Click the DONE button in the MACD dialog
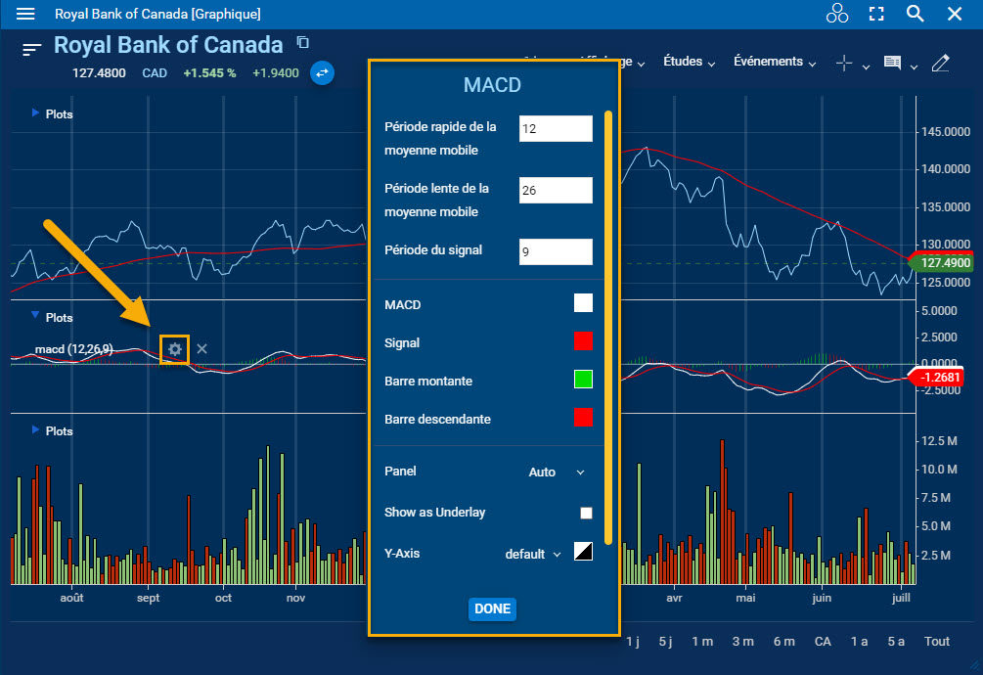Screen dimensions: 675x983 492,608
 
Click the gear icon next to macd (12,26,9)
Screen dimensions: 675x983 175,349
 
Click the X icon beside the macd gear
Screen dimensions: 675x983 201,349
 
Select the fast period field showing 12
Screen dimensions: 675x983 556,129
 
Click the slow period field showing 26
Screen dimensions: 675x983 556,191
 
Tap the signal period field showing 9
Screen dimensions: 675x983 556,251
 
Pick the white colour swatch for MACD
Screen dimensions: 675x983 583,303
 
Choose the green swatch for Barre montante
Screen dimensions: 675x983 583,380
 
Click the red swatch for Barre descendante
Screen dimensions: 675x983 583,418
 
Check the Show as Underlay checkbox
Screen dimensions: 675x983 586,513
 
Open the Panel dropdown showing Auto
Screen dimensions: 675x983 556,472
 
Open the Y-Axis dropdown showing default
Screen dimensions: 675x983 533,554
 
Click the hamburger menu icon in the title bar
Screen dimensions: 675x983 26,14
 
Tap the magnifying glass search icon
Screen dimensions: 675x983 915,14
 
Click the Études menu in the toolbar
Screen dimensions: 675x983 689,62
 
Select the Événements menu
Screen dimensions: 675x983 775,62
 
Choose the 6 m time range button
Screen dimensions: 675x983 783,641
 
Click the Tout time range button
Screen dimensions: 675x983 937,641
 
